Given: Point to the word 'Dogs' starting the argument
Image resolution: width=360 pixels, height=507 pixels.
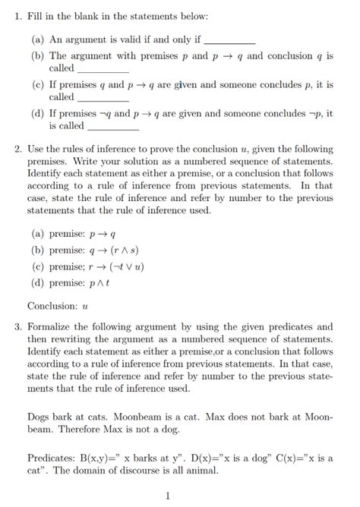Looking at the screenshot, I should [x=39, y=417].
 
